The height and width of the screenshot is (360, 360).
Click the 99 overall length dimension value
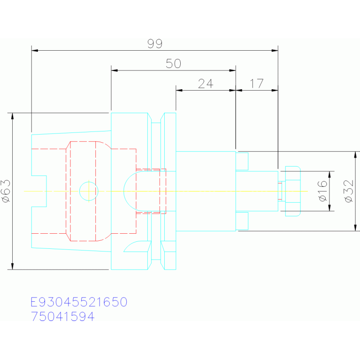coord(155,44)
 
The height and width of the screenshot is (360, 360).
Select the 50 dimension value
coord(173,63)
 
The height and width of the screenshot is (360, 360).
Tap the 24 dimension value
coord(206,84)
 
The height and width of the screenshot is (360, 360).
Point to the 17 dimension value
coord(257,84)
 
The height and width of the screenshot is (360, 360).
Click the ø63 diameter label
coord(6,191)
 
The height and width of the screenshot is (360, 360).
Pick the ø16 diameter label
coord(322,191)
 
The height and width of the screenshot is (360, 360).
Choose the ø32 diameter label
coord(349,191)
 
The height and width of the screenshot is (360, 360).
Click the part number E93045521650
coord(79,302)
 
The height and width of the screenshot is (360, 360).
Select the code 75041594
coord(62,316)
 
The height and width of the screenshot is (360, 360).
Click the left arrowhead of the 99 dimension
coord(35,50)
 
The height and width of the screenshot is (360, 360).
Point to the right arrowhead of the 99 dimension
coord(275,50)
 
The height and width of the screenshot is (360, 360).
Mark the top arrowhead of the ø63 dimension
coord(12,116)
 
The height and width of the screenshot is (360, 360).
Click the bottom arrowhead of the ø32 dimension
coord(355,228)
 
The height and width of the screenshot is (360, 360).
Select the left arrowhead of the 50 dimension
coord(115,70)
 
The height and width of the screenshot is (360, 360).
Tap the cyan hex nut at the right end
coord(293,191)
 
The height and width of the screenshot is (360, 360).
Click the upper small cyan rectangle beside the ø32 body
coord(242,161)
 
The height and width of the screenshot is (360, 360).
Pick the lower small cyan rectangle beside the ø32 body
coord(242,221)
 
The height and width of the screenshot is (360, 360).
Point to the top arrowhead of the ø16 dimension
coord(329,175)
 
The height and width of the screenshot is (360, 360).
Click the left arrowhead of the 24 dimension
coord(179,90)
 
